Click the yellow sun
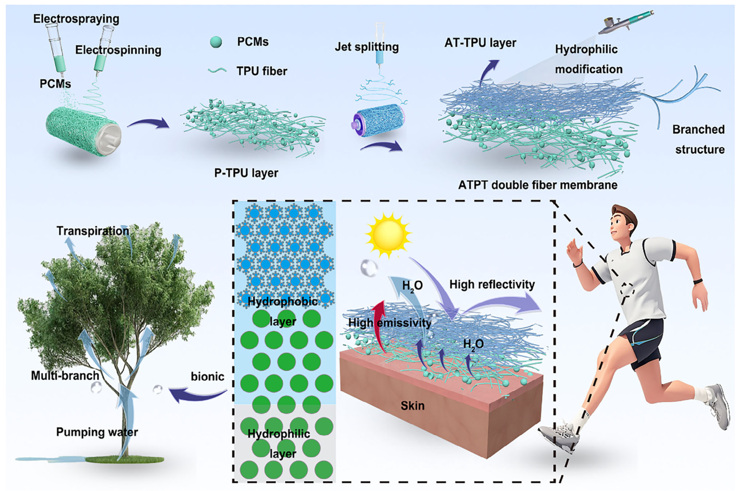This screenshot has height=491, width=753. click(x=388, y=235)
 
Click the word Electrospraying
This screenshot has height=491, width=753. click(x=76, y=19)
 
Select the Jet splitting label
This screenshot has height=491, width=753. click(x=367, y=47)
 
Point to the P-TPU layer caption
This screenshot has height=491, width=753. click(x=246, y=173)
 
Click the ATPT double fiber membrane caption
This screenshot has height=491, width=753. click(x=537, y=185)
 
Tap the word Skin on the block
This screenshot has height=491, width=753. click(x=412, y=406)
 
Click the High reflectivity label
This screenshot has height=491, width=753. click(x=492, y=284)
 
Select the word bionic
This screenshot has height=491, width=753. click(x=207, y=376)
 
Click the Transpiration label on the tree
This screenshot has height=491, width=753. click(x=93, y=231)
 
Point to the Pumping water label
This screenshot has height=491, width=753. click(x=97, y=432)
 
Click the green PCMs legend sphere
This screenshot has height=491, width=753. click(x=216, y=42)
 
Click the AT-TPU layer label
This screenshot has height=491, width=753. click(x=480, y=43)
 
